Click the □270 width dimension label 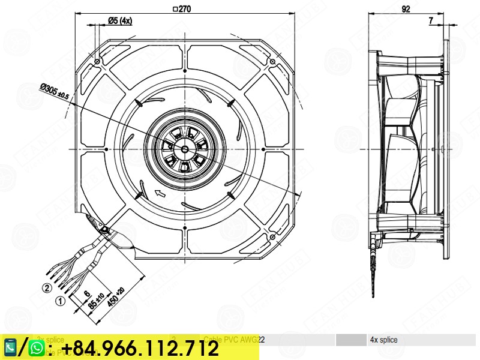182,9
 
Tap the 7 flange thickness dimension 431,20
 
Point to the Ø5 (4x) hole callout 119,20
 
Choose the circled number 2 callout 46,287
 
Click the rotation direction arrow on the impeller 160,193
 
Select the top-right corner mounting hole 272,61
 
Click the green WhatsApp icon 37,347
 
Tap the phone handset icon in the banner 11,347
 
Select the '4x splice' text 383,340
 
